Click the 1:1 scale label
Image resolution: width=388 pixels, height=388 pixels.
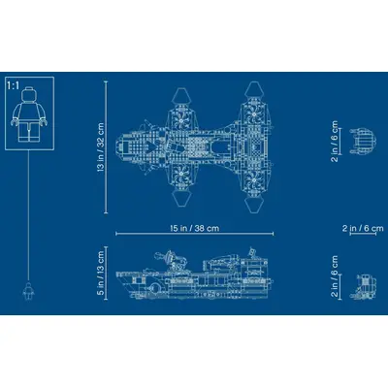tap(13, 85)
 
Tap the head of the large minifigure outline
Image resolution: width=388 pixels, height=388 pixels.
tap(29, 93)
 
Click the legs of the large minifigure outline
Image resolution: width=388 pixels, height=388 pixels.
tap(29, 132)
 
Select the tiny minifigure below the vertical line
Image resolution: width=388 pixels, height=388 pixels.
tap(29, 291)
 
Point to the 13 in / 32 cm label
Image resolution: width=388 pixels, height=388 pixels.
tap(101, 146)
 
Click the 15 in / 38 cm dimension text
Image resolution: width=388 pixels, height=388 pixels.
tap(195, 228)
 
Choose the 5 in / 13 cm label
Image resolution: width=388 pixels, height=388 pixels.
tap(101, 273)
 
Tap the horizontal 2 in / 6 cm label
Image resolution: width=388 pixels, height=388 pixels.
tap(363, 228)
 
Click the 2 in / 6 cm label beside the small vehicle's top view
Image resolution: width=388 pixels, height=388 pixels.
tap(335, 142)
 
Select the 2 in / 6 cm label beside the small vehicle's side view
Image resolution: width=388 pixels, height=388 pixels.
tap(335, 276)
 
